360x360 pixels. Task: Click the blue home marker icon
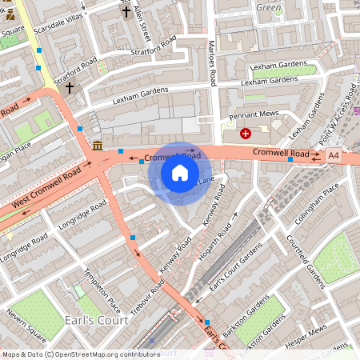tap(180, 173)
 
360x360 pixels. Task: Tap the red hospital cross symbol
tap(245, 134)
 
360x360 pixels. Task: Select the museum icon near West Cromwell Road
tap(97, 145)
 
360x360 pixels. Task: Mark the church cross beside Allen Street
tap(126, 11)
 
